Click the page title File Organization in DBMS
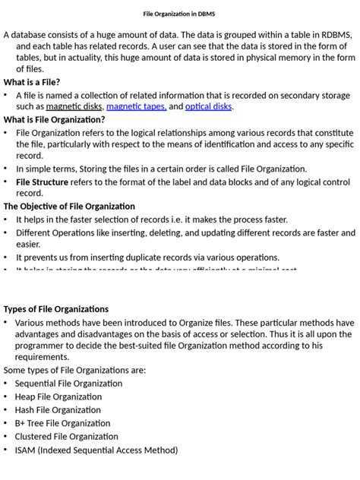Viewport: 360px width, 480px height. coord(179,14)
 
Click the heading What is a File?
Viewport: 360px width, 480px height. coord(32,82)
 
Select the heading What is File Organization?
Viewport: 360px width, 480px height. coord(54,119)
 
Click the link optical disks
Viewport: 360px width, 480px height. coord(209,107)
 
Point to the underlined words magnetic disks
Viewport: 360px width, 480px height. coord(75,107)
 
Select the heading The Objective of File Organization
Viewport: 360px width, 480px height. coord(69,207)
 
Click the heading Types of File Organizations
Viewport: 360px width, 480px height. coord(56,309)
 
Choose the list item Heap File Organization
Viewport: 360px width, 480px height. coord(58,396)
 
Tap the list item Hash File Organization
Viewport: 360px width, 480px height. coord(58,410)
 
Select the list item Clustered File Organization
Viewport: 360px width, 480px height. coord(66,437)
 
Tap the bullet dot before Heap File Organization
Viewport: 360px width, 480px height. coord(6,397)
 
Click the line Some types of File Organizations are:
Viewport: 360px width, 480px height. coord(74,370)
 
